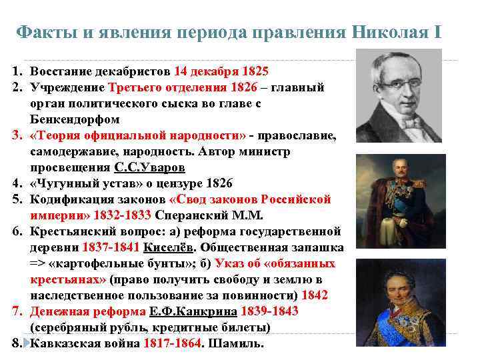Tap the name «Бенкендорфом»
tap(75, 120)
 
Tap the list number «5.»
tap(17, 199)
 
